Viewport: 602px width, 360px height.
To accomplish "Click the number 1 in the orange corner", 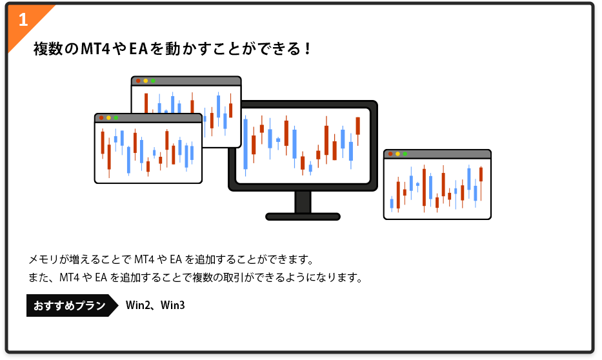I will point(23,19).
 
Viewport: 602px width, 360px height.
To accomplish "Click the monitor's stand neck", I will point(303,201).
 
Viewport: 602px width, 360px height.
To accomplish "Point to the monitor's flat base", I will point(303,217).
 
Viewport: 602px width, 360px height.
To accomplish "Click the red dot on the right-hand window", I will point(390,154).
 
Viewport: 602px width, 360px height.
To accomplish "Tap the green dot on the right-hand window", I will point(405,154).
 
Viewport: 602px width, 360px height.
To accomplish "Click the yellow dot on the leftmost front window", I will point(108,118).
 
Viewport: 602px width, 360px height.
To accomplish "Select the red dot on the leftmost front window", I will point(101,118).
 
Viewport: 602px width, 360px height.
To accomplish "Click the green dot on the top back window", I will point(153,81).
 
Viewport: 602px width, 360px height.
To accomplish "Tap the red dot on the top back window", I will point(138,81).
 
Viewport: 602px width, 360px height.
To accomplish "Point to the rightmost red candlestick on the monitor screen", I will point(357,126).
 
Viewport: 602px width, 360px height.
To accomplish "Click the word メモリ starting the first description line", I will point(42,260).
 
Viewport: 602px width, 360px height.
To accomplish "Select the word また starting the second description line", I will point(37,278).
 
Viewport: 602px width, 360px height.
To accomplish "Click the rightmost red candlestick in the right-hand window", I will point(481,174).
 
